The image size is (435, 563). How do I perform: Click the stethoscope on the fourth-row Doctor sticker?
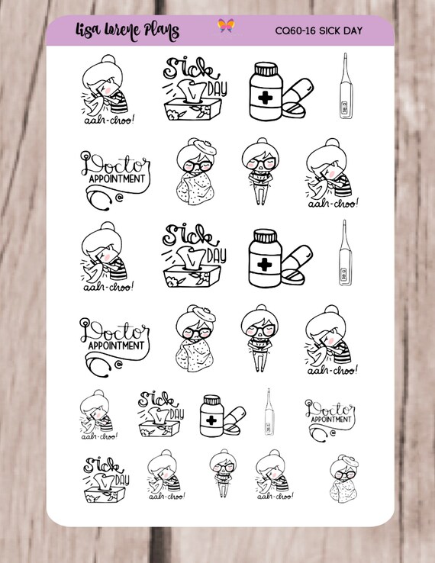[96, 365]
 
